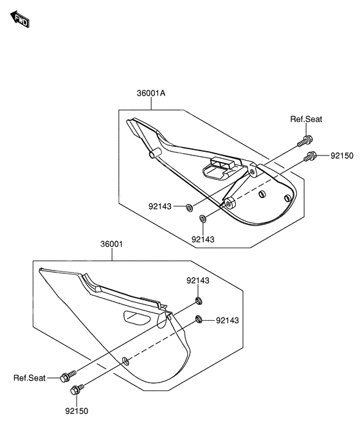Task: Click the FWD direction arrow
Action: [x=20, y=19]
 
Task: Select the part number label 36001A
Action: [x=151, y=93]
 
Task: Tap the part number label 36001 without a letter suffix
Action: [x=111, y=244]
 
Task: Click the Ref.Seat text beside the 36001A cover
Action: [x=306, y=119]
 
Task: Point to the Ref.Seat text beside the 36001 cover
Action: [x=30, y=378]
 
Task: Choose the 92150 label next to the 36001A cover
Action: [x=342, y=156]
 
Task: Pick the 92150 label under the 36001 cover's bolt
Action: [x=76, y=411]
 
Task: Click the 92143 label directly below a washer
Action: [x=203, y=239]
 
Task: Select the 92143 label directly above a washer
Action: [x=198, y=280]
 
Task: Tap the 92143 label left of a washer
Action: [x=160, y=206]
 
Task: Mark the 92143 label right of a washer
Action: [x=228, y=320]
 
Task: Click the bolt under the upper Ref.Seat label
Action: [x=305, y=141]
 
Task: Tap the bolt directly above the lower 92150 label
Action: [x=77, y=390]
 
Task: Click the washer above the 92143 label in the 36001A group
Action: [x=203, y=219]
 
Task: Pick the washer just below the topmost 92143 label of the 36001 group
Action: [x=199, y=300]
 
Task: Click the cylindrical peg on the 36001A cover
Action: [x=155, y=153]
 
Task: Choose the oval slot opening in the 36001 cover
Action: [x=137, y=318]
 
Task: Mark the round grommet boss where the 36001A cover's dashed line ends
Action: [x=230, y=203]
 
